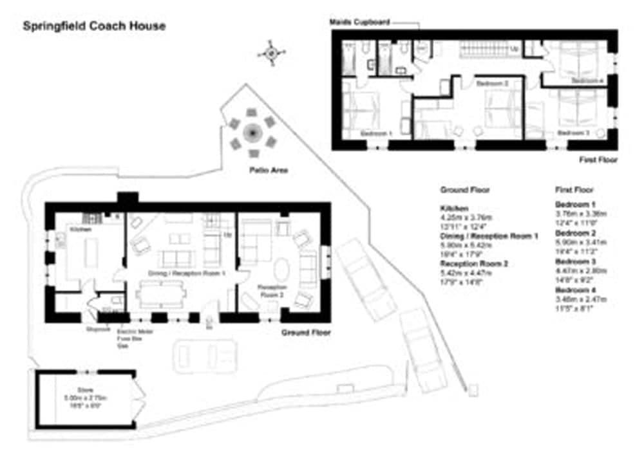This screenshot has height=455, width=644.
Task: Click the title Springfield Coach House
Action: pos(94,26)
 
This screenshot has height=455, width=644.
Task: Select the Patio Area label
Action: pos(270,171)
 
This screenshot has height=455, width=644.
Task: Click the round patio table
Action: pos(252,134)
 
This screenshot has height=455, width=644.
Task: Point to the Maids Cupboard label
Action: pos(359,22)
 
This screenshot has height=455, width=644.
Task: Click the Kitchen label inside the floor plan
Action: pos(79,229)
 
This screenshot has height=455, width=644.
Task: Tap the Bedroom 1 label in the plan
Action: pos(376,133)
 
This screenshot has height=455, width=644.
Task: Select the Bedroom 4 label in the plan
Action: pos(587,80)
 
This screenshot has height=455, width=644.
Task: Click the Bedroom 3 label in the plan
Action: pos(573,133)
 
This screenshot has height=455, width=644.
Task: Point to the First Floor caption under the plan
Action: pos(598,160)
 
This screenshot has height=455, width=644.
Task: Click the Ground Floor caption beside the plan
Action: pos(306,333)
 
